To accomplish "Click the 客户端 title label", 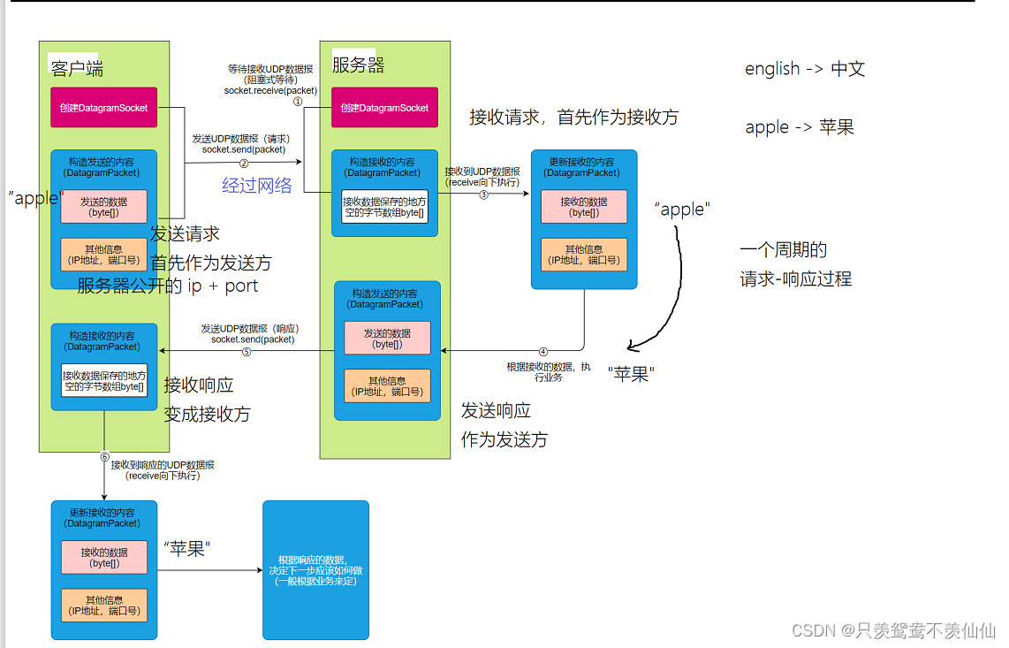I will coord(77,68).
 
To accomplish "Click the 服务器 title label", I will coord(358,65).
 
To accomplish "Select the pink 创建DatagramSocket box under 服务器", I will coord(384,108).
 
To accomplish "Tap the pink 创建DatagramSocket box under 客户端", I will coord(103,108).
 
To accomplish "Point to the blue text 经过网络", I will coord(256,186).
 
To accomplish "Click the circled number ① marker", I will coord(298,102).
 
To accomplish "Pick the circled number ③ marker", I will coord(483,194).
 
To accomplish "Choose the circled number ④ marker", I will coord(543,351).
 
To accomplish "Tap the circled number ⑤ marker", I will coord(247,351).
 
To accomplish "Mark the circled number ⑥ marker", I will coord(104,457).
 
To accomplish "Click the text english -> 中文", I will coord(804,69).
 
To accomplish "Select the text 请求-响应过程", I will coord(795,278).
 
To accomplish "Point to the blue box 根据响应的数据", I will coord(315,570).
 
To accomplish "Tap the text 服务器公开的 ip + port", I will coord(168,286).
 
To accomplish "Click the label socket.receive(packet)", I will coord(270,90).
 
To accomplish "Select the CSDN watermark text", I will coord(893,629).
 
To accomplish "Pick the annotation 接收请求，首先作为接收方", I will coord(573,117).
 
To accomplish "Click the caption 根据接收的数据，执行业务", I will coord(549,372).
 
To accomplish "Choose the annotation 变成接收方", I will coord(207,414).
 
